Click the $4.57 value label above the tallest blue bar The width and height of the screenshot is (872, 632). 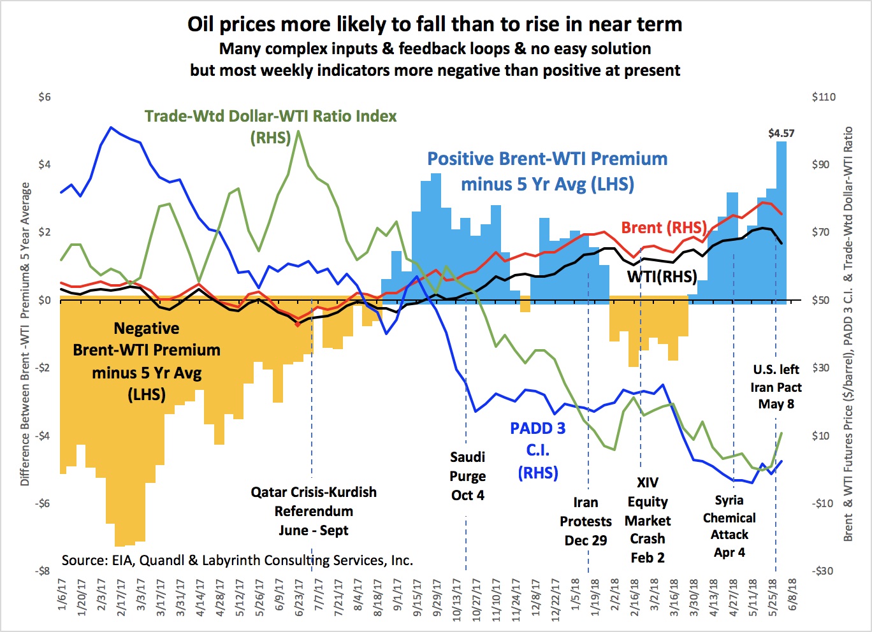pyautogui.click(x=781, y=133)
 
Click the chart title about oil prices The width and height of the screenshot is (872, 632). pyautogui.click(x=435, y=24)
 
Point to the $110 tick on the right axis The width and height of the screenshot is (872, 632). pyautogui.click(x=824, y=97)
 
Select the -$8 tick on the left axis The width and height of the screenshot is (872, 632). pyautogui.click(x=43, y=571)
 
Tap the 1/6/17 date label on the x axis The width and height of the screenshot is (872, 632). pyautogui.click(x=62, y=594)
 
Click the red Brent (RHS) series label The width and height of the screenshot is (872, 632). pyautogui.click(x=664, y=227)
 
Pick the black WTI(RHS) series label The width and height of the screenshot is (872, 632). pyautogui.click(x=662, y=276)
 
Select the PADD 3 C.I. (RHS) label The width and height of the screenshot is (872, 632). pyautogui.click(x=537, y=450)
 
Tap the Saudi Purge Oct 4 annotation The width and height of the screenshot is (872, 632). pyautogui.click(x=468, y=476)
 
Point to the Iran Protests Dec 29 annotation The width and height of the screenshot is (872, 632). pyautogui.click(x=586, y=521)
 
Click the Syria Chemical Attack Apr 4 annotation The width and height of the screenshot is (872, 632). pyautogui.click(x=729, y=526)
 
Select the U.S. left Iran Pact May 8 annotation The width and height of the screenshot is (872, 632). pyautogui.click(x=776, y=387)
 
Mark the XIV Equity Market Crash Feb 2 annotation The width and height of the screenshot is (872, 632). pyautogui.click(x=648, y=520)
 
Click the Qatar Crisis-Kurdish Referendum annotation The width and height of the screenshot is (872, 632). pyautogui.click(x=313, y=511)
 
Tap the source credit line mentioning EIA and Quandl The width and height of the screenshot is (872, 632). pyautogui.click(x=237, y=561)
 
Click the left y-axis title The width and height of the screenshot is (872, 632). pyautogui.click(x=25, y=334)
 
